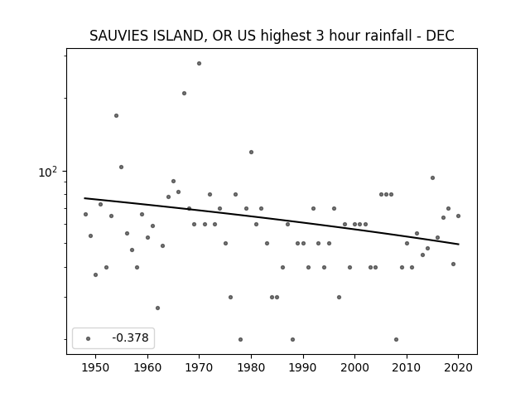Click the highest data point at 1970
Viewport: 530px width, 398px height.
pyautogui.click(x=199, y=63)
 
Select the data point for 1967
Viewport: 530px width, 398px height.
pyautogui.click(x=184, y=93)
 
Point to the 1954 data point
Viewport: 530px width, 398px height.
pyautogui.click(x=116, y=116)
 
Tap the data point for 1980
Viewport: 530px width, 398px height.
pyautogui.click(x=251, y=153)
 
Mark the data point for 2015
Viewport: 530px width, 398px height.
pyautogui.click(x=432, y=178)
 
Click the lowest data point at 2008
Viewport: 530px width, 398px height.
pyautogui.click(x=396, y=339)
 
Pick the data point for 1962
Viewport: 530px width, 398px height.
pyautogui.click(x=157, y=308)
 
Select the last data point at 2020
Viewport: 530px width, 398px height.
pyautogui.click(x=458, y=216)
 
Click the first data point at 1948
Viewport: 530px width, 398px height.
pyautogui.click(x=85, y=214)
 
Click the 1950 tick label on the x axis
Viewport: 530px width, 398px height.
pyautogui.click(x=96, y=367)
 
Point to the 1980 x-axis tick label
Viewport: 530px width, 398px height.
pyautogui.click(x=251, y=367)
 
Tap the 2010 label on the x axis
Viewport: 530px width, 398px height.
pyautogui.click(x=407, y=367)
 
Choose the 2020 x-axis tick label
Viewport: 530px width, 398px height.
pyautogui.click(x=458, y=367)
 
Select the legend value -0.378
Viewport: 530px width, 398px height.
pyautogui.click(x=131, y=337)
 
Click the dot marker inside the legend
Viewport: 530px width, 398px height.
pyautogui.click(x=89, y=338)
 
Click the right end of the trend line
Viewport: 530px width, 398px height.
pyautogui.click(x=458, y=244)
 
